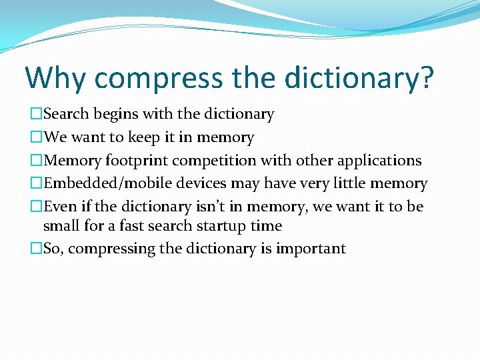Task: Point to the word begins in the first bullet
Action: [x=117, y=115]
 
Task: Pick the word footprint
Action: [x=136, y=161]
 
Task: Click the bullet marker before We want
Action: [x=36, y=138]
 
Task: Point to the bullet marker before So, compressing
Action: [x=36, y=249]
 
